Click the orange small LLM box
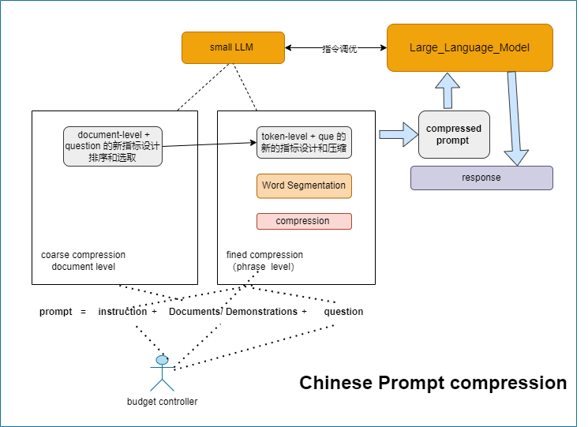(232, 47)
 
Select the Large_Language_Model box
(469, 48)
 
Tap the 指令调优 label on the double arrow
(339, 49)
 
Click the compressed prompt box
(453, 134)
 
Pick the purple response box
(481, 178)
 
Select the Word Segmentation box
(304, 185)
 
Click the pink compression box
(304, 221)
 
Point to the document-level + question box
(113, 146)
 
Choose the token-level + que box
(304, 143)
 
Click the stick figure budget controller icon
(162, 373)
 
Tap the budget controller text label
(162, 402)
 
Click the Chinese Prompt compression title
(433, 383)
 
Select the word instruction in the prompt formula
(122, 312)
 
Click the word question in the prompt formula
(343, 312)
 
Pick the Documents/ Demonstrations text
(233, 312)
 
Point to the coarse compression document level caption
(83, 260)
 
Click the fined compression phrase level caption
(264, 260)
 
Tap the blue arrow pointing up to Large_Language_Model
(448, 90)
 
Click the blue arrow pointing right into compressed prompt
(399, 134)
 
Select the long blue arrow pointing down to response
(515, 118)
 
